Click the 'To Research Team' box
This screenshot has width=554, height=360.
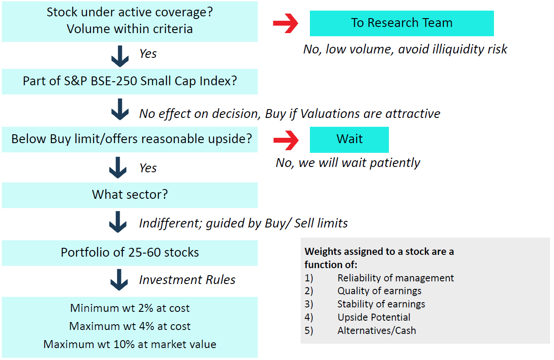point(402,23)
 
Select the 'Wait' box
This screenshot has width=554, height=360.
point(349,140)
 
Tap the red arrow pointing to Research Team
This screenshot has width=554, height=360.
point(286,23)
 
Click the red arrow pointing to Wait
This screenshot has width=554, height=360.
point(286,140)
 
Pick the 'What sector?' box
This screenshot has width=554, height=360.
point(130,195)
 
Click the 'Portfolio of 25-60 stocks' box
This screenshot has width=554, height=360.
point(130,253)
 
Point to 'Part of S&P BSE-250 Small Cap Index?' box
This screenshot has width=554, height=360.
point(130,82)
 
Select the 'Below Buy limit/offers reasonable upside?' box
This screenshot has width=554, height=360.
point(130,140)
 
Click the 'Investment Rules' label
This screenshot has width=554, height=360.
point(187,280)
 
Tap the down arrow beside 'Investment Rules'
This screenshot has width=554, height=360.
point(119,280)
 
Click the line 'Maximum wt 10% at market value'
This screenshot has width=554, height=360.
point(130,344)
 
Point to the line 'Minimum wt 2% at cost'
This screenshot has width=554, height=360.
point(130,308)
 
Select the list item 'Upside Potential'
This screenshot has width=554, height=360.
point(374,317)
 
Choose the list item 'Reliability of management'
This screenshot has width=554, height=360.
point(396,278)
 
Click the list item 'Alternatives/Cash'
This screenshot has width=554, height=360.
point(377,330)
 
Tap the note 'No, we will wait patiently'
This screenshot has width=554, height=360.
point(348,163)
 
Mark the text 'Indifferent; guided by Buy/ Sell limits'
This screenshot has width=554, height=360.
point(243,223)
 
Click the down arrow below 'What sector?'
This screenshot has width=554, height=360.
point(118,222)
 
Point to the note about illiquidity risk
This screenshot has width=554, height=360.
point(405,49)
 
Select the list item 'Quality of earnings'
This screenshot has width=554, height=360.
point(379,291)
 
